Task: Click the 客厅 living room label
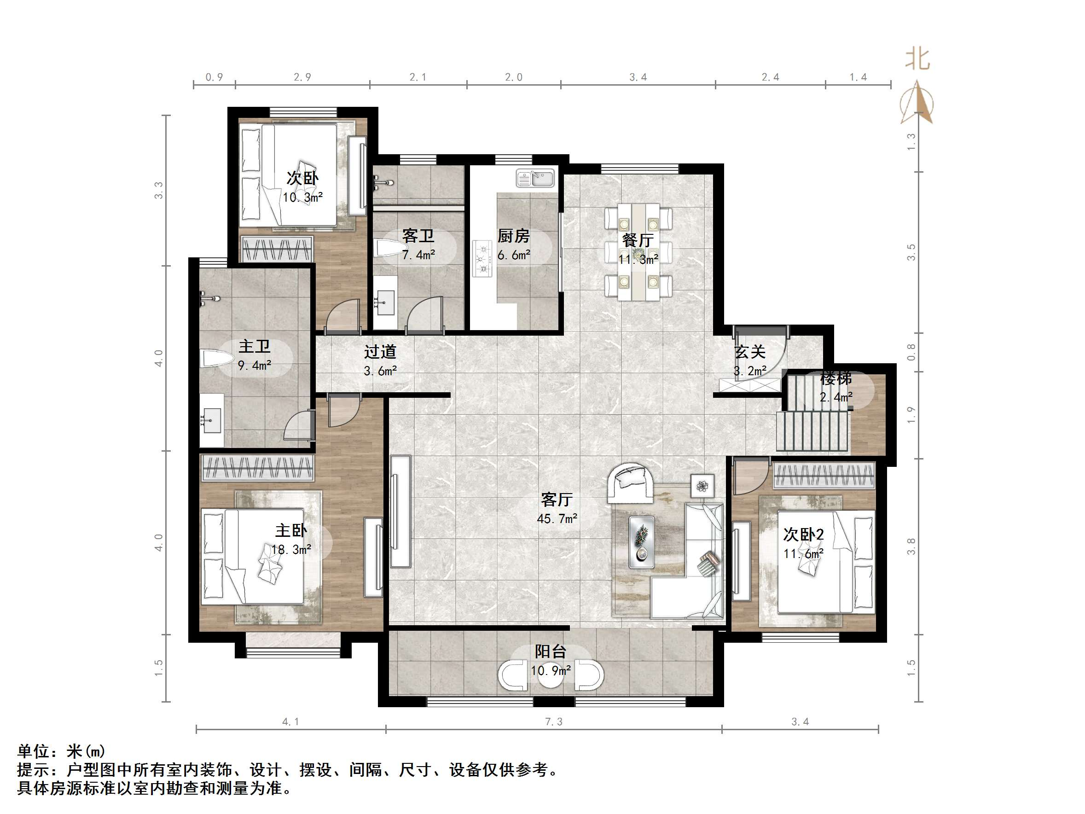(556, 500)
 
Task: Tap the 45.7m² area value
(557, 518)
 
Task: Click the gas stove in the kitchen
(482, 259)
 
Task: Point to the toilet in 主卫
(216, 358)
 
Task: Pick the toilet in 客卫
(390, 248)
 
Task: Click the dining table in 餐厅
(638, 252)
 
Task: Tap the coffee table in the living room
(641, 542)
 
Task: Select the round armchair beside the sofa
(630, 483)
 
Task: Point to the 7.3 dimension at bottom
(554, 722)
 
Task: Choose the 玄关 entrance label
(750, 352)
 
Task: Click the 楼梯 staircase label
(836, 378)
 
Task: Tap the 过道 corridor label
(380, 352)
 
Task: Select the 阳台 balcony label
(551, 651)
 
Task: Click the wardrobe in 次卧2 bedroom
(824, 476)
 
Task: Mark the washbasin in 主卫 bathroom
(212, 420)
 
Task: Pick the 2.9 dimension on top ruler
(302, 77)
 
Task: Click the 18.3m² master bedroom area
(291, 550)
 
